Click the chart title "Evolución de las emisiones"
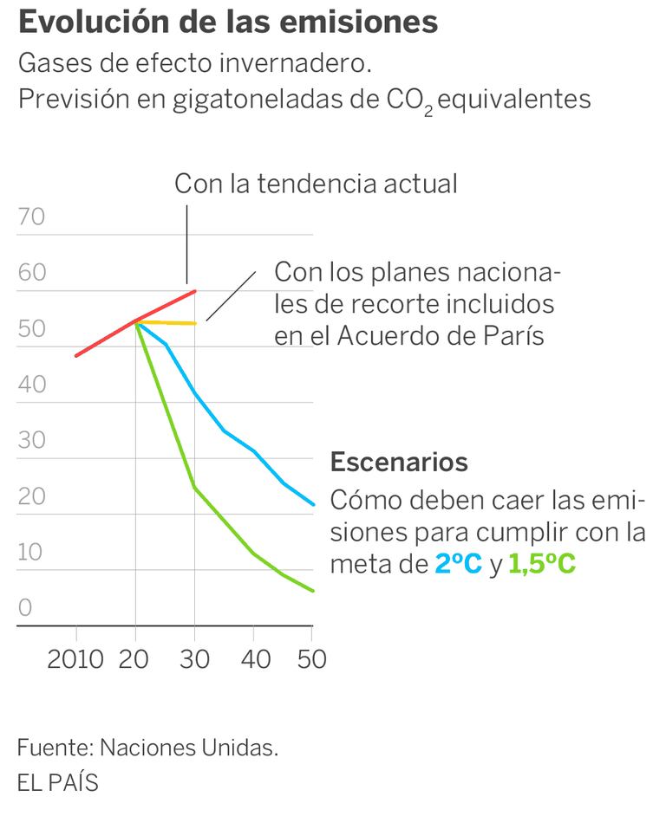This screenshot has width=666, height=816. coord(227,23)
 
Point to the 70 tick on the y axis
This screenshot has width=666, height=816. coord(31,217)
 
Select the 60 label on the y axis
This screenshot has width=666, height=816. coord(31,273)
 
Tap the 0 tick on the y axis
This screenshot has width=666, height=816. coord(24,608)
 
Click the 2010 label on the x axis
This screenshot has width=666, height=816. coord(75,659)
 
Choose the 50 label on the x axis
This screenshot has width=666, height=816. coord(311,659)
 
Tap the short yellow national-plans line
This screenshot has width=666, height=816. coord(169,322)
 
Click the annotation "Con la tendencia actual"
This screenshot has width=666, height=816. coord(316,184)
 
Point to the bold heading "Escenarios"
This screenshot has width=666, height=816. coord(399,462)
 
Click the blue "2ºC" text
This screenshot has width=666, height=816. coord(458,565)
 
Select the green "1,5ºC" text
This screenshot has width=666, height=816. coord(542,565)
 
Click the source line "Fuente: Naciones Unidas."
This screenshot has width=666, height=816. coord(147,748)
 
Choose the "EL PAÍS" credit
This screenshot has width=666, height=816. coord(57,782)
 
